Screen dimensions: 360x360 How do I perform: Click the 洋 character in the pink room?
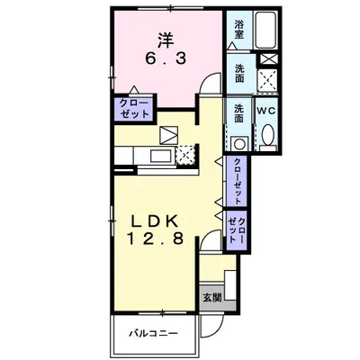click(166, 40)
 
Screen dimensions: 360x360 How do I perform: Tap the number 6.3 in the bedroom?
click(166, 58)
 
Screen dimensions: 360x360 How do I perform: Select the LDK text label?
click(156, 222)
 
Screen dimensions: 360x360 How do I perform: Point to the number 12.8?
click(156, 238)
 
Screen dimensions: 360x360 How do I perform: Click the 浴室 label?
click(239, 30)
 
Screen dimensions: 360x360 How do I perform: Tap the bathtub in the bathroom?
click(265, 31)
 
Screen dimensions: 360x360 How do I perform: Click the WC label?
click(265, 111)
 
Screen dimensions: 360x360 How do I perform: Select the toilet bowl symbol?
click(267, 134)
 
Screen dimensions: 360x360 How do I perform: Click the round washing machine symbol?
click(239, 144)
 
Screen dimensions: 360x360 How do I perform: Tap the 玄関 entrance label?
click(212, 298)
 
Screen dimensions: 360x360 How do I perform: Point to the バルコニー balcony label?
click(154, 333)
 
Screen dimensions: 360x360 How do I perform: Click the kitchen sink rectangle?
click(160, 157)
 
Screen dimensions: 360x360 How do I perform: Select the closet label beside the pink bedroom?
click(134, 108)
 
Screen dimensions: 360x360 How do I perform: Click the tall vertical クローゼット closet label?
click(237, 181)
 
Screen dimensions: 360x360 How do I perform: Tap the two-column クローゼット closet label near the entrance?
click(237, 230)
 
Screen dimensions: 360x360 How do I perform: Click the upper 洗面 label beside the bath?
click(239, 73)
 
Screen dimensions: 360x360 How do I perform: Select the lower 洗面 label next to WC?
click(238, 112)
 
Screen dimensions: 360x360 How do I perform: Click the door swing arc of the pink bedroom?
click(207, 78)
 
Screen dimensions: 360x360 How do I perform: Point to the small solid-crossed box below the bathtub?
click(267, 58)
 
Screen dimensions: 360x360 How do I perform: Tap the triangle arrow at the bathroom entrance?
click(232, 46)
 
